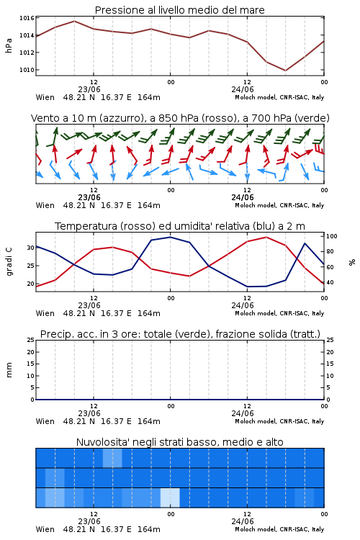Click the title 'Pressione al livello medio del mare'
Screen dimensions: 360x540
(179, 10)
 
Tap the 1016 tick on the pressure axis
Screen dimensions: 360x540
(27, 18)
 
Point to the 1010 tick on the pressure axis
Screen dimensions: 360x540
(27, 70)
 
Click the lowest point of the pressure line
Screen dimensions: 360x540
(285, 71)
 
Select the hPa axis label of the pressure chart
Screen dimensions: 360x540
(9, 45)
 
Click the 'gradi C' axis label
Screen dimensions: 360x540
(9, 262)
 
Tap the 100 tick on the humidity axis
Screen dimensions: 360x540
(332, 236)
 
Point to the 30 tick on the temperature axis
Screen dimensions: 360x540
(31, 248)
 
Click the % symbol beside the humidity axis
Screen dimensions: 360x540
(352, 262)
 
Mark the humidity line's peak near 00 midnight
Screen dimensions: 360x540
(170, 237)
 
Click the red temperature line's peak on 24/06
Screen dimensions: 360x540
(266, 237)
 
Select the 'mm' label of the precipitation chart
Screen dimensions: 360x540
(9, 370)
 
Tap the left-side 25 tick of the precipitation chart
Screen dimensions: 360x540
(31, 340)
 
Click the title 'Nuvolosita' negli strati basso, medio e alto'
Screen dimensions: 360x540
(179, 442)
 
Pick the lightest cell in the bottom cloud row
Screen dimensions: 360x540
(170, 498)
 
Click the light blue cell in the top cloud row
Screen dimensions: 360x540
(112, 458)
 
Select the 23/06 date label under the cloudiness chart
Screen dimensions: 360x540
(89, 521)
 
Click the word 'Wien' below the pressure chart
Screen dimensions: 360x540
(45, 97)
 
